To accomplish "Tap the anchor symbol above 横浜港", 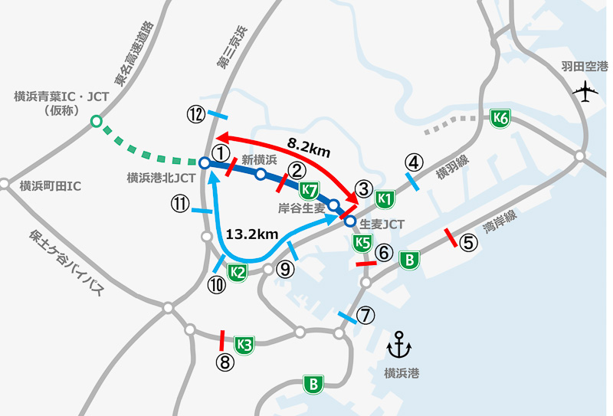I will [x=399, y=346].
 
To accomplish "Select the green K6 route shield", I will [x=500, y=118].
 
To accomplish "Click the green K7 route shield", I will [x=310, y=189].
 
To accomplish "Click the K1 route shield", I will [x=385, y=199].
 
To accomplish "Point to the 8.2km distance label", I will [x=309, y=146].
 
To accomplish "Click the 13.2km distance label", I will [x=248, y=233].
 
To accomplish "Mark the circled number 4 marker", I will [x=414, y=162].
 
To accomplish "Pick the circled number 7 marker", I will [x=366, y=314].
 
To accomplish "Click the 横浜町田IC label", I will [x=51, y=185].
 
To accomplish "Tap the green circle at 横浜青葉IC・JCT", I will [x=96, y=120].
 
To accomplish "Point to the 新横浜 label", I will [x=258, y=159].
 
